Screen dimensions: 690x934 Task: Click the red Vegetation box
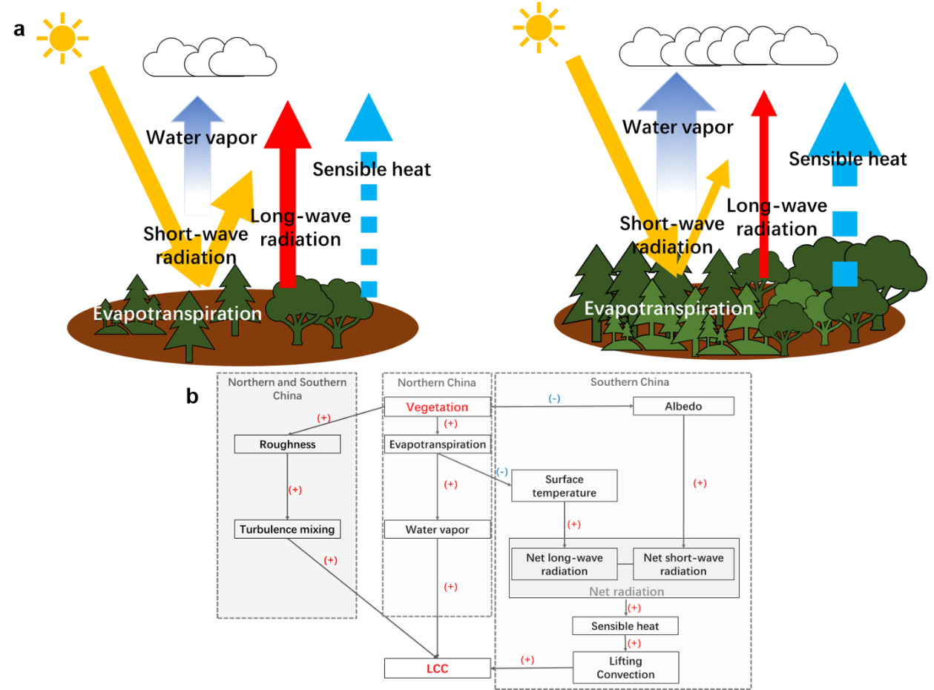(x=437, y=407)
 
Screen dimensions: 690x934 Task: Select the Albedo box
(x=683, y=407)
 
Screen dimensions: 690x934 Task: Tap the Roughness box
(x=287, y=444)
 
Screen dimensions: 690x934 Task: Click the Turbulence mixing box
(x=287, y=530)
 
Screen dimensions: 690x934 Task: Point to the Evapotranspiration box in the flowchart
(x=437, y=444)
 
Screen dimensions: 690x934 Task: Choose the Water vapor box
(x=437, y=530)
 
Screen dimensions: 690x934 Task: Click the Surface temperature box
(x=564, y=486)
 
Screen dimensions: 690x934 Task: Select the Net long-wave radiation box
(x=564, y=565)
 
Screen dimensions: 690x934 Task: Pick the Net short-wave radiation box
(x=683, y=565)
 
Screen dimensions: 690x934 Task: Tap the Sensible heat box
(x=625, y=626)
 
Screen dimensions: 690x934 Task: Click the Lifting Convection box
(x=625, y=668)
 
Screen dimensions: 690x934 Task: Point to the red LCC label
(x=438, y=669)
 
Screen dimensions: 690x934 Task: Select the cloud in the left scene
(x=209, y=58)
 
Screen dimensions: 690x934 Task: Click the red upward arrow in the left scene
(x=287, y=193)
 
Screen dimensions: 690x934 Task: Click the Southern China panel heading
(x=629, y=382)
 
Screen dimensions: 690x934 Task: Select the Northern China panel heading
(x=436, y=383)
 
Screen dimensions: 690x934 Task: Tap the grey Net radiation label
(x=626, y=592)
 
